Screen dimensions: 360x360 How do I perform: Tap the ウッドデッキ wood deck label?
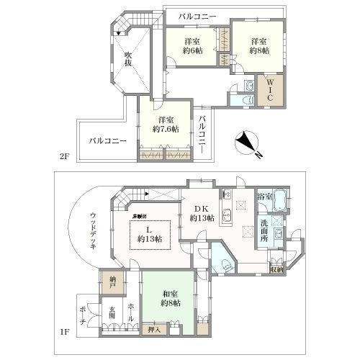pyautogui.click(x=94, y=230)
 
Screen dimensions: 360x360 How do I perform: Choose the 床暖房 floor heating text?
pyautogui.click(x=140, y=216)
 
